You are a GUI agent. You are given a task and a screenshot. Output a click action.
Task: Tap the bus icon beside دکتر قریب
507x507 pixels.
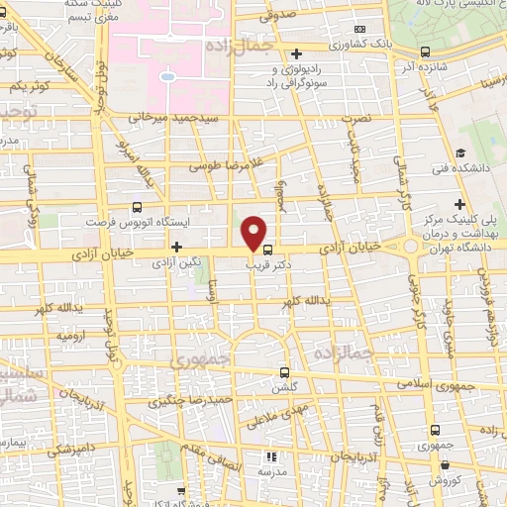pos(268,251)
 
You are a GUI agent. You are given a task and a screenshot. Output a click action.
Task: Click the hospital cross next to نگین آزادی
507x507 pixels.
pos(177,247)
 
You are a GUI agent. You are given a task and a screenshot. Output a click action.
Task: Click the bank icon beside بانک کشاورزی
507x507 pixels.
pos(359,29)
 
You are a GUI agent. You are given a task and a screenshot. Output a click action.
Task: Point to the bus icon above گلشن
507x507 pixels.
pos(284,373)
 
